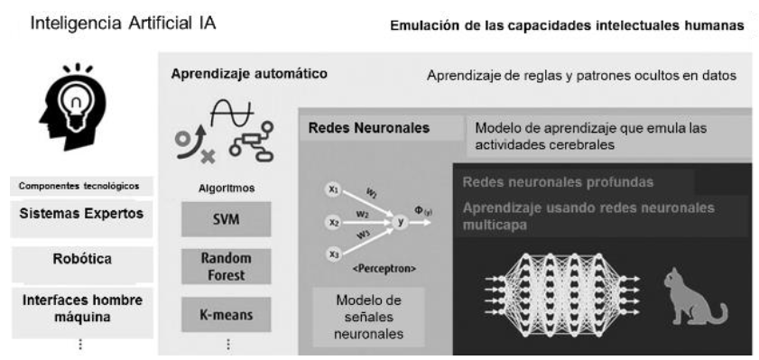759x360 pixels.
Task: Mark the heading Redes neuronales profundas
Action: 557,182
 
